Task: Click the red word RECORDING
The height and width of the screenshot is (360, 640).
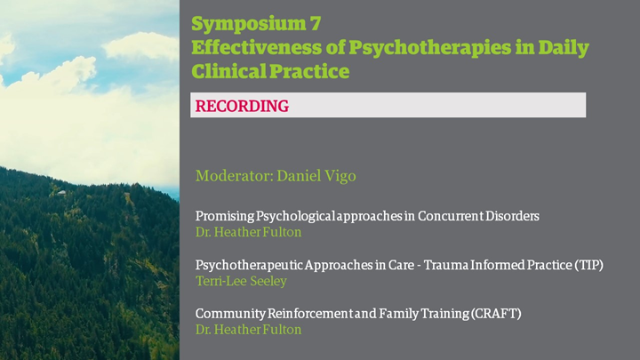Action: (242, 106)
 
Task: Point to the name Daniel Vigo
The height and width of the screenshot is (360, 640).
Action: (316, 176)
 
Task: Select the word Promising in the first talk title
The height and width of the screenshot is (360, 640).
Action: (223, 216)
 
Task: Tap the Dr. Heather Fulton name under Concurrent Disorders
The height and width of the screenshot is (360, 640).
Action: (248, 232)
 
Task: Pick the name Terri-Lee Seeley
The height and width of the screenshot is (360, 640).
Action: (241, 281)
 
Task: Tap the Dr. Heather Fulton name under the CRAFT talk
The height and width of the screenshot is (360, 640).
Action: (248, 330)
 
